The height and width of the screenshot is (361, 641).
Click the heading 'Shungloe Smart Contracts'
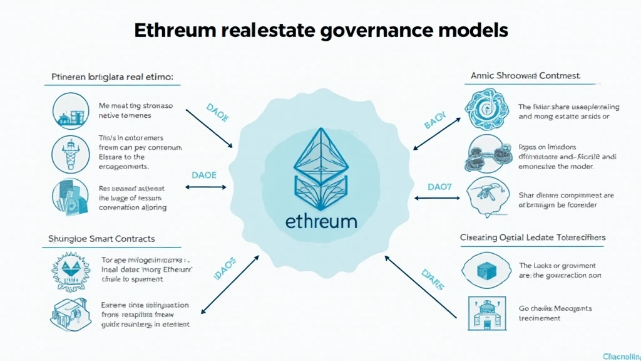101,239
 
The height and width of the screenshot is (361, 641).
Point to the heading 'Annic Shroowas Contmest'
525,76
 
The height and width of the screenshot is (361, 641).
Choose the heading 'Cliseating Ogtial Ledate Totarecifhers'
533,238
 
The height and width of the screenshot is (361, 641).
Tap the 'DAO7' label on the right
440,187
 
